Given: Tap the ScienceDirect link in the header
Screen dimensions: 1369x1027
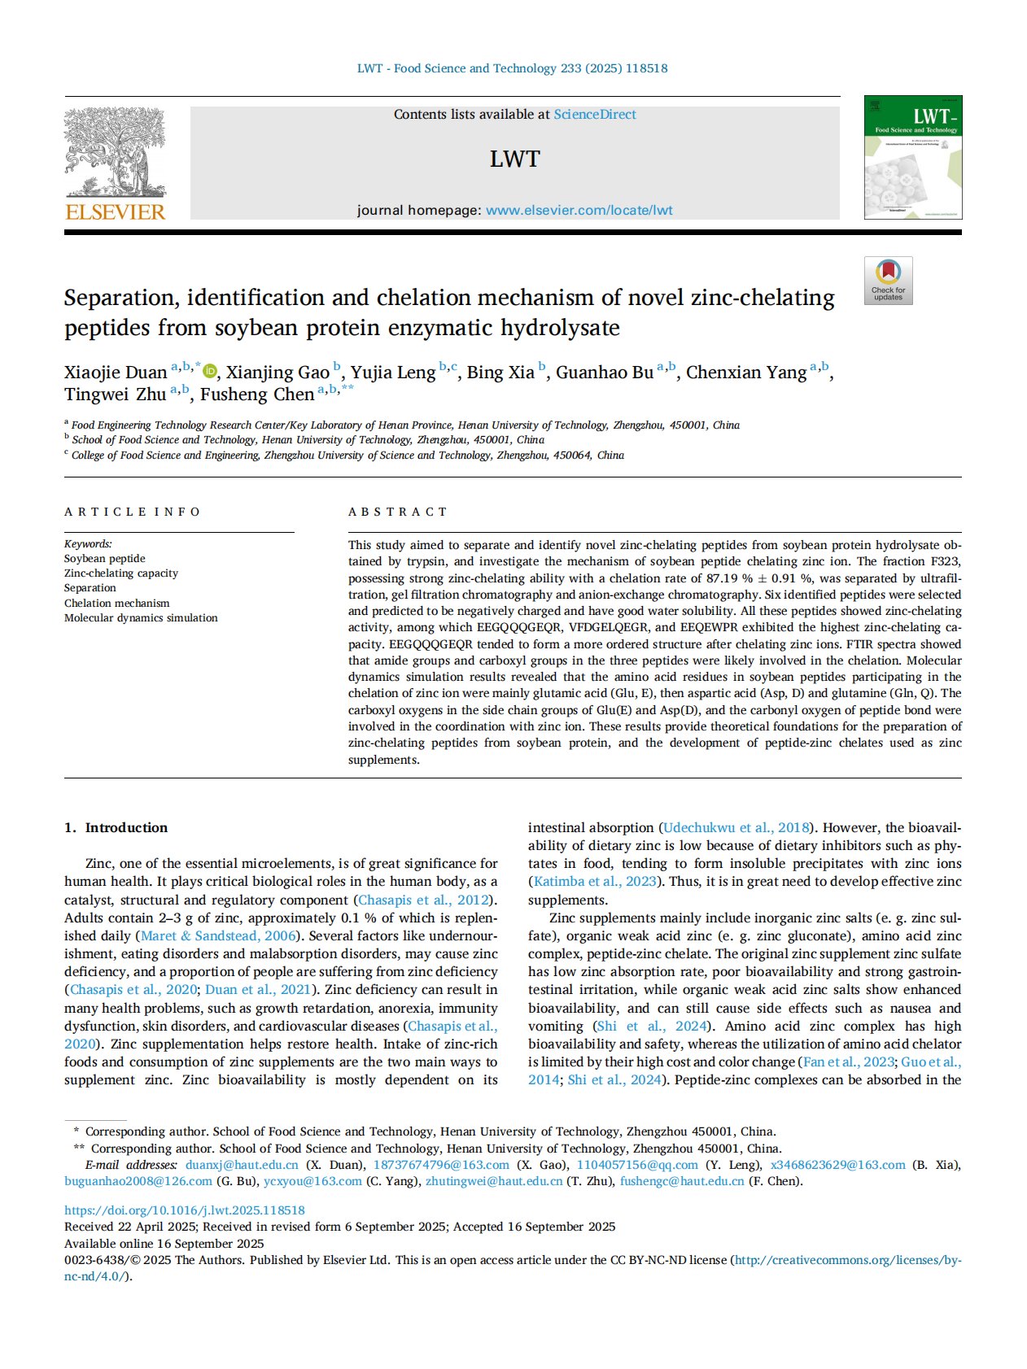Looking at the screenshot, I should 595,115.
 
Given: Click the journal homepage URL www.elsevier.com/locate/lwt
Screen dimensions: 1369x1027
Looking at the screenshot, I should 579,211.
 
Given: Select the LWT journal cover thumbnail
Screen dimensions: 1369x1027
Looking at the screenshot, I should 912,157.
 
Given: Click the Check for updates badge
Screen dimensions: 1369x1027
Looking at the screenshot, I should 888,281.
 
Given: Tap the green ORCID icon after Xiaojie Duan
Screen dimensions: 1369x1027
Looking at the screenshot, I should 210,372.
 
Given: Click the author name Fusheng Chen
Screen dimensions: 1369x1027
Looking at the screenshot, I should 257,395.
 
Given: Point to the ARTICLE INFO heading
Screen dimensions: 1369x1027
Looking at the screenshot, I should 132,512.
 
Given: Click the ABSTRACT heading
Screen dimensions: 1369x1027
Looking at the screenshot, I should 398,512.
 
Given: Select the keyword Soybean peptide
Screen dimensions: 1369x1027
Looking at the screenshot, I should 105,559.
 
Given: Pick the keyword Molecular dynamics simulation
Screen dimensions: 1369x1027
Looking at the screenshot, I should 141,618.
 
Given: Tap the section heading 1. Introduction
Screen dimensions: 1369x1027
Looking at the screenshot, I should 116,827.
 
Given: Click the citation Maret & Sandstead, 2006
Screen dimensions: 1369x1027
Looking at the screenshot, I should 216,936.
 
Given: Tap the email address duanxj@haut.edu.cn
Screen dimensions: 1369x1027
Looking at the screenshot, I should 242,1165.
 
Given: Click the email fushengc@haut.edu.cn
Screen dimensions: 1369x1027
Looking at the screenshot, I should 682,1181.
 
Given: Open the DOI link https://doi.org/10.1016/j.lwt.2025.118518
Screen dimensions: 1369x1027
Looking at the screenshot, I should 185,1210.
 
